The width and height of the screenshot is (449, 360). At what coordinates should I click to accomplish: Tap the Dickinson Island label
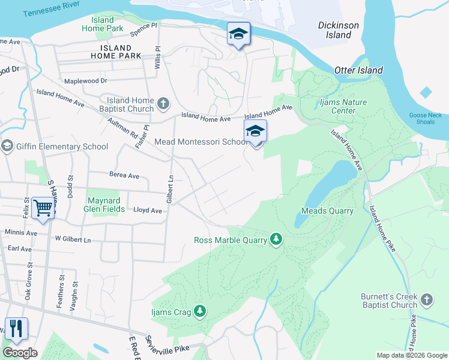(x=339, y=30)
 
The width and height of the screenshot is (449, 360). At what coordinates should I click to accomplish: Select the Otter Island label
(x=358, y=70)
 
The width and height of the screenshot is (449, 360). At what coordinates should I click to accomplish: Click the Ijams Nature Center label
(x=342, y=106)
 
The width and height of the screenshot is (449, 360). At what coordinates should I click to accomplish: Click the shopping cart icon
(x=43, y=208)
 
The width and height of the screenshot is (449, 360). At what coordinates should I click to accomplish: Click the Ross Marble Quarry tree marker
(x=276, y=240)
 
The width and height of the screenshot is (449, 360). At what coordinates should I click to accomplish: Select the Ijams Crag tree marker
(x=200, y=311)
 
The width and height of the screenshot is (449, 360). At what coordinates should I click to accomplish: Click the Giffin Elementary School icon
(x=7, y=146)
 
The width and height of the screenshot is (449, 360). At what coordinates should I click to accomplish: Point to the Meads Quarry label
(x=327, y=211)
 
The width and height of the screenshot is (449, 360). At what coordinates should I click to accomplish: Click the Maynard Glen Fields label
(x=106, y=205)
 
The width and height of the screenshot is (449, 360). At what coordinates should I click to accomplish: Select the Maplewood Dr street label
(x=85, y=80)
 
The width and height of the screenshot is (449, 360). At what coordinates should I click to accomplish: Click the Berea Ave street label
(x=124, y=176)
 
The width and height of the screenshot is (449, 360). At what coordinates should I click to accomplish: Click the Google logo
(x=20, y=353)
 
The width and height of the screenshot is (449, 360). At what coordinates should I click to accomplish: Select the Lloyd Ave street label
(x=148, y=211)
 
